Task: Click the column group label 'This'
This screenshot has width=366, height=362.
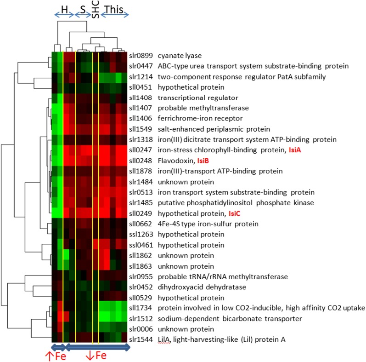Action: (x=113, y=9)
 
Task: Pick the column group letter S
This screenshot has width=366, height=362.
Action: (x=83, y=9)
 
